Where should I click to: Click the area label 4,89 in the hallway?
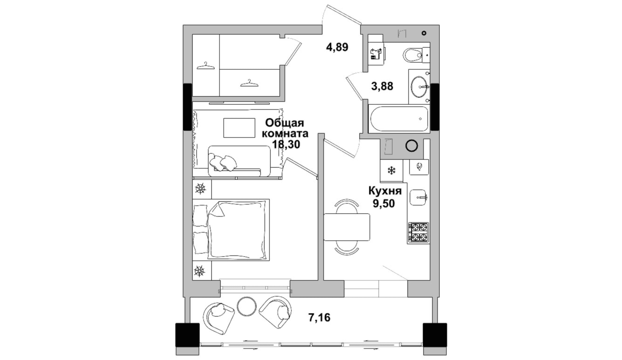(337, 47)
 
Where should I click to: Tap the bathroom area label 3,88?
(382, 86)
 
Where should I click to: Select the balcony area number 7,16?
(319, 317)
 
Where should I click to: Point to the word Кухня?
(385, 191)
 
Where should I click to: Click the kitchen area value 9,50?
(383, 204)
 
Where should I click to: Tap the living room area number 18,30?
(286, 144)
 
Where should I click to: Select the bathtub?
(399, 119)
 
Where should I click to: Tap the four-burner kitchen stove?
(418, 233)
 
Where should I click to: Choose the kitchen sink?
(418, 197)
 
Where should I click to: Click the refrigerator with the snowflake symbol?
(391, 171)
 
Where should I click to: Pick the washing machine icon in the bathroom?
(377, 54)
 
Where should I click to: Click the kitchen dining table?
(347, 227)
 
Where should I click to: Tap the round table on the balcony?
(247, 306)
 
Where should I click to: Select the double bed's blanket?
(237, 230)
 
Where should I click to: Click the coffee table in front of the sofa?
(239, 128)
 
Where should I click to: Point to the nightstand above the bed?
(202, 189)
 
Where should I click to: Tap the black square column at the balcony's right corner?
(435, 339)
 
